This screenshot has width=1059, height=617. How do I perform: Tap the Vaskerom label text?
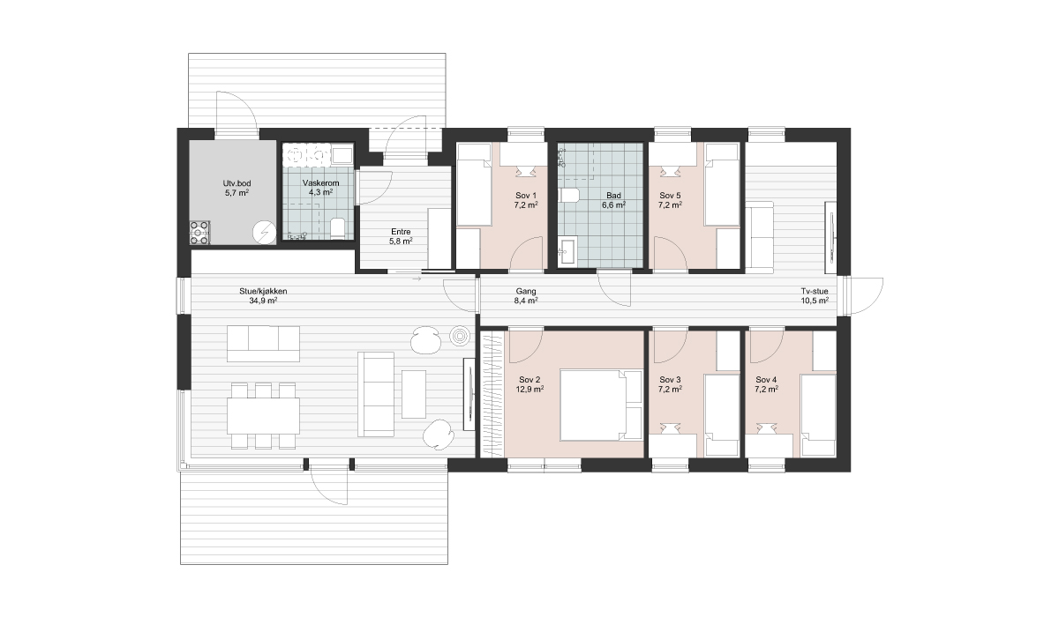point(320,183)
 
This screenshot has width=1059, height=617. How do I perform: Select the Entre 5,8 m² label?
point(401,236)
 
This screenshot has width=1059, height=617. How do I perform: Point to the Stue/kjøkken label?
point(263,291)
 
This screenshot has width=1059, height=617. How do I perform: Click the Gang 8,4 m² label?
point(526,296)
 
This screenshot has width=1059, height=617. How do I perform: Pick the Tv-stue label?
point(815,291)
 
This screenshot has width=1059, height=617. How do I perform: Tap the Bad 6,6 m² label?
point(613,200)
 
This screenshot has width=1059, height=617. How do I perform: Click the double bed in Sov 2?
point(600,405)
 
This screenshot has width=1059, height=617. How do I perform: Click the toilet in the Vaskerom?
point(337,228)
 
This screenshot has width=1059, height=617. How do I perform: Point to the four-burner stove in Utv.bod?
point(199,233)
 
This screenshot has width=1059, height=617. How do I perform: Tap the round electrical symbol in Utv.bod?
point(264,233)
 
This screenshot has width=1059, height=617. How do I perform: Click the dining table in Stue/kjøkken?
point(263,416)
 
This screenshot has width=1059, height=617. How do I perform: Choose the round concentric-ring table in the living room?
point(460,337)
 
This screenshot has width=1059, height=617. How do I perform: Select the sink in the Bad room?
point(567,251)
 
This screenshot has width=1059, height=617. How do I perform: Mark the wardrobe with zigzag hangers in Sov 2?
point(492,395)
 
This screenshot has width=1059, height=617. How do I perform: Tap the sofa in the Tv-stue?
point(760,237)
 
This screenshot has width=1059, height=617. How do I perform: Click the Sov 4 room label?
point(766,380)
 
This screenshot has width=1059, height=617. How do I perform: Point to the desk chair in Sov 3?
point(670,428)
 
